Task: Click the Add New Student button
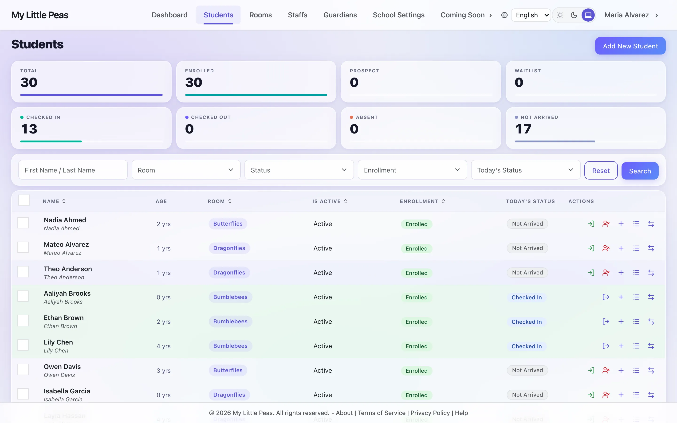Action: point(630,46)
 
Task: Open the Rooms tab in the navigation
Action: point(260,15)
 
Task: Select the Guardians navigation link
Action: point(340,15)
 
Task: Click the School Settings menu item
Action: point(398,15)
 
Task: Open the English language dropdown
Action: point(531,15)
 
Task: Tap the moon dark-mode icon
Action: point(574,15)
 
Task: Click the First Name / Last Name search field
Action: point(73,170)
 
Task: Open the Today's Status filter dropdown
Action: point(525,170)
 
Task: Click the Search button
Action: point(640,171)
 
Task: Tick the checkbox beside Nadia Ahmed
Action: point(23,223)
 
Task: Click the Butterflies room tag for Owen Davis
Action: point(228,370)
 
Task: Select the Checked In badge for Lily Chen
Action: point(527,346)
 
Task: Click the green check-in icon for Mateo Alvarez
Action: point(591,248)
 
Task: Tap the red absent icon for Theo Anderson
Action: point(606,273)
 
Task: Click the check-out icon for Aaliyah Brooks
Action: point(606,297)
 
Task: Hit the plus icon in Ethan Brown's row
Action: point(621,321)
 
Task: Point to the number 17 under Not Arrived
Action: point(523,129)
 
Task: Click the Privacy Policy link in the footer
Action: point(430,413)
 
